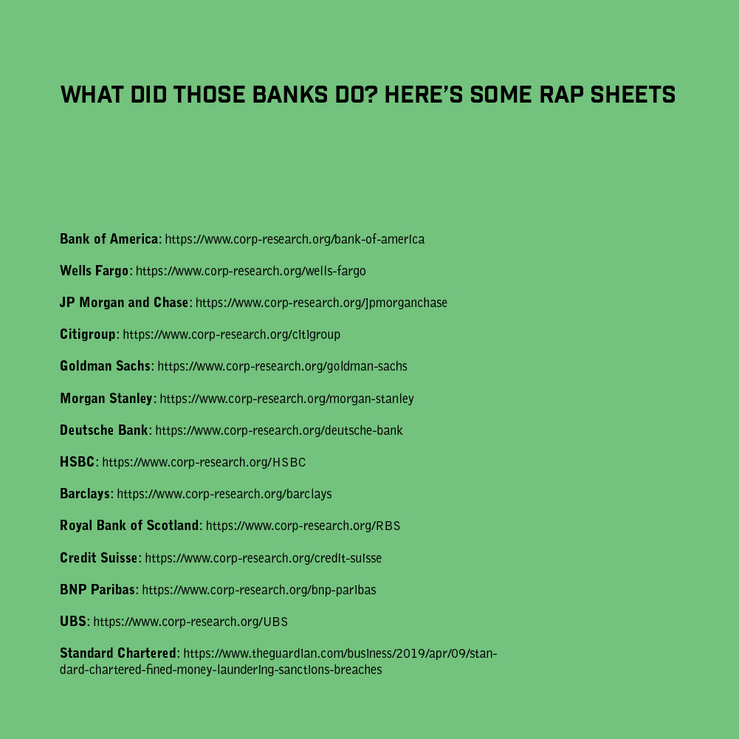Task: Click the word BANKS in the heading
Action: [x=290, y=94]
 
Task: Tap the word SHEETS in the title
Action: [x=633, y=94]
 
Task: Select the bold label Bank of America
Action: [x=109, y=239]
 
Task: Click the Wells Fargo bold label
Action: [x=94, y=270]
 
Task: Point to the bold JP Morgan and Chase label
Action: [x=124, y=303]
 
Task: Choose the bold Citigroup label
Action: [x=88, y=334]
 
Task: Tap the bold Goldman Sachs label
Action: [x=105, y=366]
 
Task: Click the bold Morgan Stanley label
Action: [x=106, y=398]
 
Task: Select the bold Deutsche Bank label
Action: [x=104, y=430]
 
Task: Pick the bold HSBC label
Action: [x=78, y=462]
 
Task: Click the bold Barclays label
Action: [x=85, y=493]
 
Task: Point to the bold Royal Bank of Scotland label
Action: [x=129, y=526]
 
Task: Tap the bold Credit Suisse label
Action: [x=98, y=557]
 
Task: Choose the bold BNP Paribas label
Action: [x=97, y=590]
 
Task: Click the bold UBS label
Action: [x=73, y=621]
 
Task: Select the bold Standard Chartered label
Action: [x=118, y=653]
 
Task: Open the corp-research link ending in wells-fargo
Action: [x=251, y=271]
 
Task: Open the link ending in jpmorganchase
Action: [x=321, y=303]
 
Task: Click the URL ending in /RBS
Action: [x=303, y=526]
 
